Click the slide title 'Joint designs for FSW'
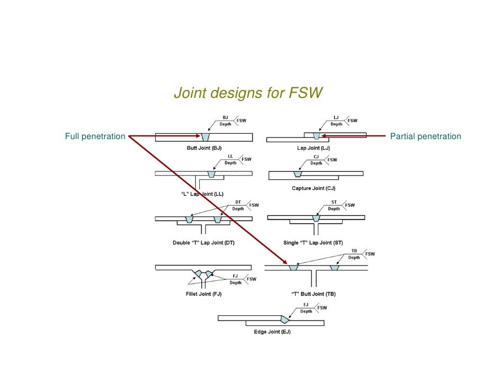point(248,94)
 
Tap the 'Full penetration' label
point(95,136)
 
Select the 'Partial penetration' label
point(425,136)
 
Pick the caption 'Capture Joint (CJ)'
point(314,188)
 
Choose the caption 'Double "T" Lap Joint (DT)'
point(203,243)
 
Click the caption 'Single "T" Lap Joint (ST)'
point(316,243)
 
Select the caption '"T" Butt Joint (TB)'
point(314,294)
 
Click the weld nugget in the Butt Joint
point(206,137)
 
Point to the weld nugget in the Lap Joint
point(317,136)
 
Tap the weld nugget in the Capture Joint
point(298,173)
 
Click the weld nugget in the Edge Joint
point(286,319)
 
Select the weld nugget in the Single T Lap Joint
point(316,218)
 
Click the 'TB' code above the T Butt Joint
point(354,251)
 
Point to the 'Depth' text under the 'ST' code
point(334,208)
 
